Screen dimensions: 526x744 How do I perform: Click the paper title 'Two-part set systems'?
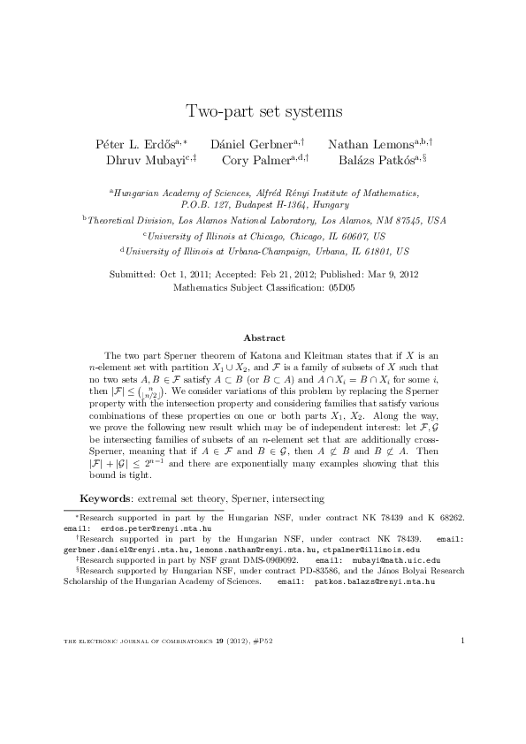[263, 111]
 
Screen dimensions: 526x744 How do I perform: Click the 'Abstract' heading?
[263, 338]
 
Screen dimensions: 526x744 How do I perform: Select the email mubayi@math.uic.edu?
[393, 559]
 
